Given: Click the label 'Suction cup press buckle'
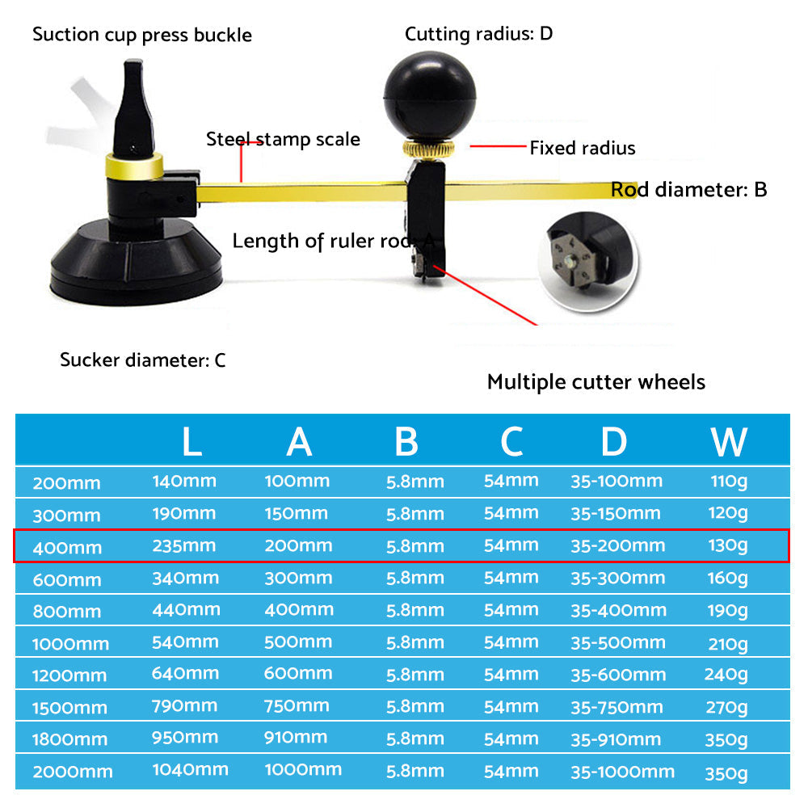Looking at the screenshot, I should coord(142,36).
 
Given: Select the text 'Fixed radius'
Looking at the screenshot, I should coord(582,148).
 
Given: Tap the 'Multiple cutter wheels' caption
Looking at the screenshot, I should coord(595,382).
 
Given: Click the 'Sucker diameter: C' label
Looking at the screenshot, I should coord(143,360).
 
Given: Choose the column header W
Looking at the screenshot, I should coord(729,441).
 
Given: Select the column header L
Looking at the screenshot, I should coord(191,441).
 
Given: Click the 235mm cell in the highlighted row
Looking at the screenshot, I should coord(184,545).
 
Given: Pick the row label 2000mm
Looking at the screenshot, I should coord(73,772).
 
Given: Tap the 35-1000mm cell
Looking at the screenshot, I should coord(622,772).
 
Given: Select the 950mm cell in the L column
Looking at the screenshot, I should coord(185,738).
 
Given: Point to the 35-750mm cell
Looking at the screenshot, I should coord(617,707).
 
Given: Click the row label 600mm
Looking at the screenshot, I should coord(67,579).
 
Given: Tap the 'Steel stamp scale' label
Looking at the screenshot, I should coord(283,139).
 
